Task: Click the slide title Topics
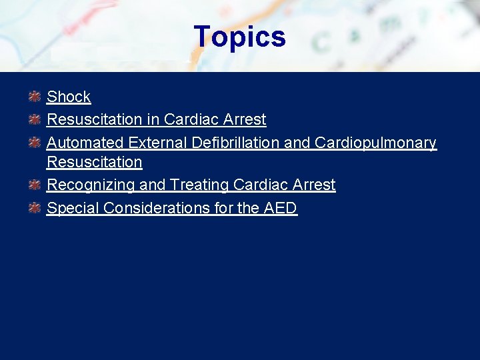[x=239, y=37]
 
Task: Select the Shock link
[x=69, y=97]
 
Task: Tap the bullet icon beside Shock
[x=35, y=97]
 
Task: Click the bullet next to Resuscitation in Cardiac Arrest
[x=35, y=119]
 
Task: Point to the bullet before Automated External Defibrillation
[x=35, y=143]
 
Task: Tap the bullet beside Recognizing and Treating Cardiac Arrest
[x=35, y=185]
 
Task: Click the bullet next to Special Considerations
[x=35, y=208]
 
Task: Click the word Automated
[x=85, y=143]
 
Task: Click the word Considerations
[x=155, y=208]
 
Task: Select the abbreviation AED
[x=280, y=208]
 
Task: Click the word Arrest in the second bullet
[x=244, y=119]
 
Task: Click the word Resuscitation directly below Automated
[x=95, y=162]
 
